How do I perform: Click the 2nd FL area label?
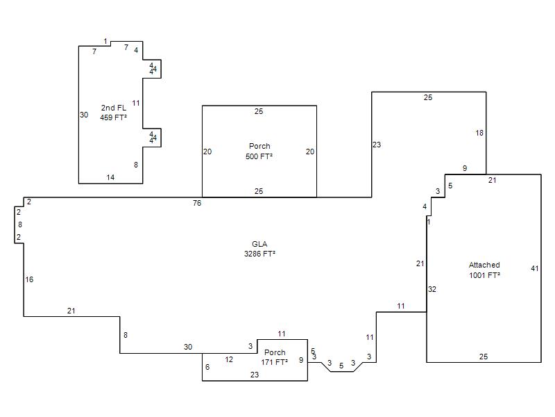[x=114, y=108]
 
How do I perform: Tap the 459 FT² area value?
[x=114, y=117]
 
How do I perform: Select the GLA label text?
[x=259, y=244]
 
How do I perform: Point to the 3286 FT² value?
[x=259, y=254]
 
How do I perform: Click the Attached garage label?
[x=484, y=265]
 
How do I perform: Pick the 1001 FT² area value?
[x=484, y=275]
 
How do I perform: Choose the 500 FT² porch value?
[x=259, y=156]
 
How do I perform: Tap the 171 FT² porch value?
[x=274, y=362]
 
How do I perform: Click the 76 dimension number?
[x=197, y=203]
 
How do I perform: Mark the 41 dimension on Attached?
[x=534, y=268]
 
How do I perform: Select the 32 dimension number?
[x=432, y=289]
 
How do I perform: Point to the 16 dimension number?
[x=29, y=279]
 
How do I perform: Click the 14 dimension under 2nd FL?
[x=110, y=177]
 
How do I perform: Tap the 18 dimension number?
[x=479, y=133]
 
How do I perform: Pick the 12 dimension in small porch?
[x=229, y=359]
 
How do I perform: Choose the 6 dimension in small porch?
[x=207, y=367]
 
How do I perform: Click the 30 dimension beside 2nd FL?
[x=84, y=115]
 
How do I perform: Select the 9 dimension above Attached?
[x=465, y=168]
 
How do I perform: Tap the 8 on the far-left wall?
[x=20, y=224]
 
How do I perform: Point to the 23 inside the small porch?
[x=255, y=375]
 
